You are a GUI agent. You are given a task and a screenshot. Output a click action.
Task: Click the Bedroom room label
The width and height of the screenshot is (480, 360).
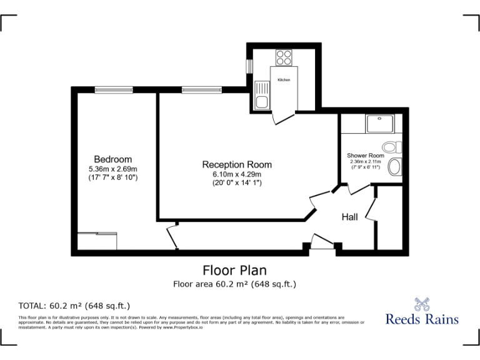pos(112,159)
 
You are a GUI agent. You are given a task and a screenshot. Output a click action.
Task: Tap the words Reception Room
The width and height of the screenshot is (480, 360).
pos(236,164)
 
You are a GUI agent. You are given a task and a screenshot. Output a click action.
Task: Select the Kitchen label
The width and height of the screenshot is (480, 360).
pos(284,80)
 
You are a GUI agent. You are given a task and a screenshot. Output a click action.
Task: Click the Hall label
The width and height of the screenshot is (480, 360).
pos(349,217)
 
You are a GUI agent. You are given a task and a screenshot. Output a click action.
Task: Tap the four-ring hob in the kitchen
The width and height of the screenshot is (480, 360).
pos(284,57)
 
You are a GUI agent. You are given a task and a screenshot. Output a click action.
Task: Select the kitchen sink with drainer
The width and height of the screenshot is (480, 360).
pos(261,96)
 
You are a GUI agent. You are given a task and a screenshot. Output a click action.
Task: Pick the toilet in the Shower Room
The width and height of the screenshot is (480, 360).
pos(392,148)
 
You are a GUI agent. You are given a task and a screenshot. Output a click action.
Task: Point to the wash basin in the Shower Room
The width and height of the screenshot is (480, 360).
pos(395,167)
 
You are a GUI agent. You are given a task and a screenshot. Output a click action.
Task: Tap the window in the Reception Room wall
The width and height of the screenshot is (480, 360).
pos(201,89)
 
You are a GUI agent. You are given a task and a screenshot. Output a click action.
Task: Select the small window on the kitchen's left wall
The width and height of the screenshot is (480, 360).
pos(248,65)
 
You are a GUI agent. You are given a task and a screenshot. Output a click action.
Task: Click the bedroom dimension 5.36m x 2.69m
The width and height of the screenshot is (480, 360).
pos(112,169)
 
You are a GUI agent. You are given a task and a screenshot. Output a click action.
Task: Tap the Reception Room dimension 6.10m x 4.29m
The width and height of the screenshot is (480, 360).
pos(236,174)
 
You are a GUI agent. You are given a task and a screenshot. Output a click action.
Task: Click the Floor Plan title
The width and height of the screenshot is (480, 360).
pos(234,270)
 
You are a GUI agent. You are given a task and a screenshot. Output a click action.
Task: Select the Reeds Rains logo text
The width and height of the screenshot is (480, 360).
pos(421,319)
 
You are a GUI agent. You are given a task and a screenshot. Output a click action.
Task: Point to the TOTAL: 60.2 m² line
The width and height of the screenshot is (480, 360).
pos(74,306)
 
